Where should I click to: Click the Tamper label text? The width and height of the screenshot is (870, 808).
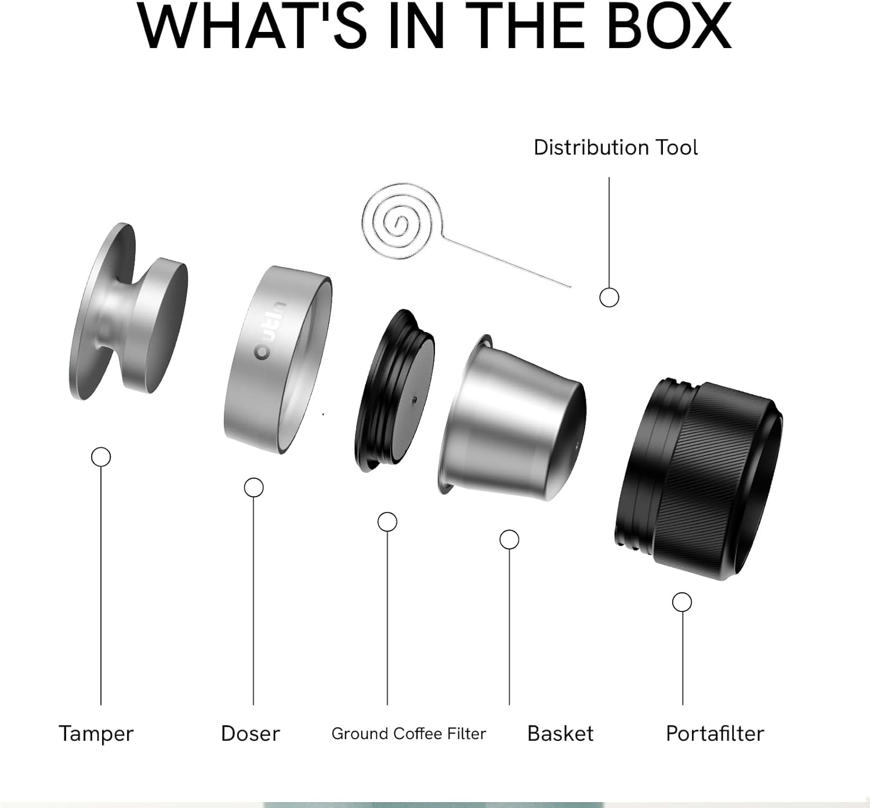[x=96, y=734]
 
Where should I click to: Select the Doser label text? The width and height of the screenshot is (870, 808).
[x=251, y=734]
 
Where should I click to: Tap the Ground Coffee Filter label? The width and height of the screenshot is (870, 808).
[x=408, y=734]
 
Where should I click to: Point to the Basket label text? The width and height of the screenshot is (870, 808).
[x=560, y=734]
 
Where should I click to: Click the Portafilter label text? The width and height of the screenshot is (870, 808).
[x=715, y=734]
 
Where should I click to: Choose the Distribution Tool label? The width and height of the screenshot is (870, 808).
[x=615, y=147]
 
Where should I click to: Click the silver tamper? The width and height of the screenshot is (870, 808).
[x=128, y=313]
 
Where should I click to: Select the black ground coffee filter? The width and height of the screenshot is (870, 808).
[x=394, y=391]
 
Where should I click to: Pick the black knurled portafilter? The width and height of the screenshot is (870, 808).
[x=699, y=478]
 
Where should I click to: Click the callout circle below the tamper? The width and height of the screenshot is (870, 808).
[x=101, y=457]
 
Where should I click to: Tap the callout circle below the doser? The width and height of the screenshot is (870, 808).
[x=253, y=487]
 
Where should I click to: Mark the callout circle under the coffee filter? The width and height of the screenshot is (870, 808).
[x=387, y=522]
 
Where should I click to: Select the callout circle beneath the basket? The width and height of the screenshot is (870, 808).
[x=509, y=540]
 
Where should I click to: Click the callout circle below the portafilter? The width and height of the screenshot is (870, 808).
[x=682, y=602]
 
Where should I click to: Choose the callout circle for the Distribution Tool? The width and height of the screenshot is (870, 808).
[x=609, y=297]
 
